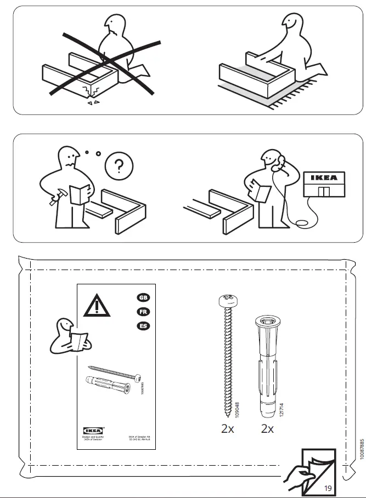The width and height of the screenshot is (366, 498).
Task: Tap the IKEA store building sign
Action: (x=324, y=178)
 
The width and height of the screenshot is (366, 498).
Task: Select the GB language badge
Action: (x=142, y=297)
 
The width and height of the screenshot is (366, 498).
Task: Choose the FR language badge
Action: (x=142, y=312)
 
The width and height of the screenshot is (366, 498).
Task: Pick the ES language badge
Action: (x=142, y=326)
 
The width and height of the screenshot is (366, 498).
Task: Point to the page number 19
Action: (x=328, y=487)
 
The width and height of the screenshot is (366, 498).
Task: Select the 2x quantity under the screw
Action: (x=227, y=429)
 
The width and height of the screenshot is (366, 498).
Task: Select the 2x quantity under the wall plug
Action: (x=267, y=429)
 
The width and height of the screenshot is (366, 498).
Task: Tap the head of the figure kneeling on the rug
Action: (x=291, y=25)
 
